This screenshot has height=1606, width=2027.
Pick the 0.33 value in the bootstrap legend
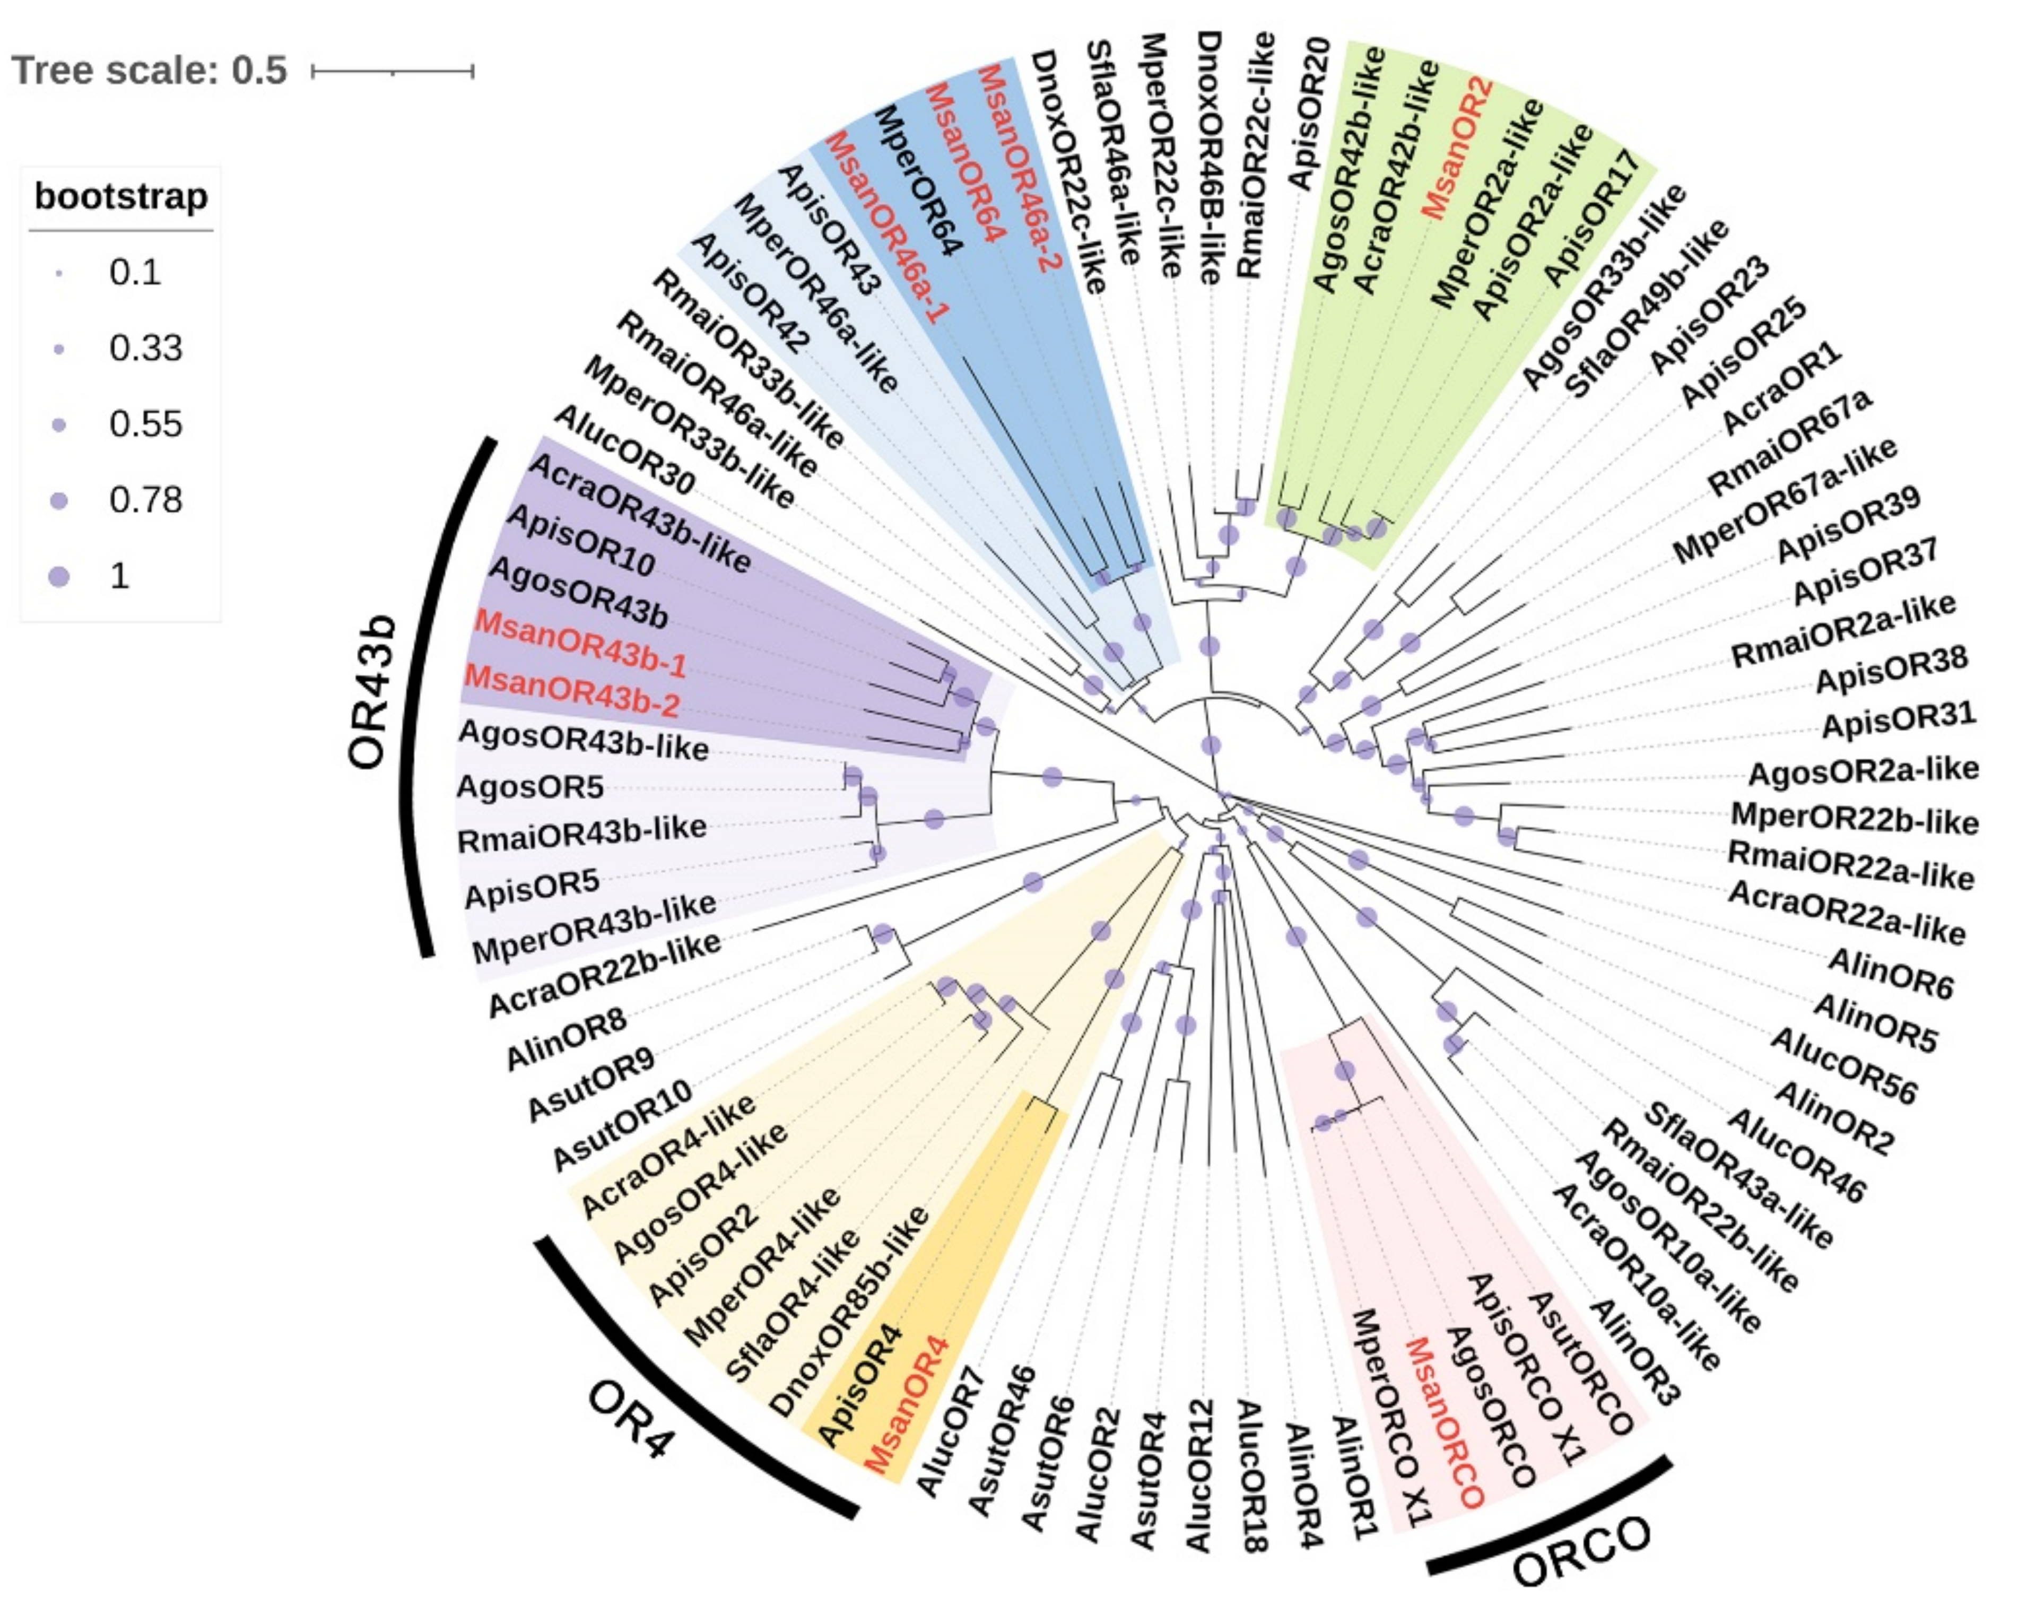click(x=146, y=348)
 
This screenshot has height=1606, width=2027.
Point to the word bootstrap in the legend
click(x=120, y=196)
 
